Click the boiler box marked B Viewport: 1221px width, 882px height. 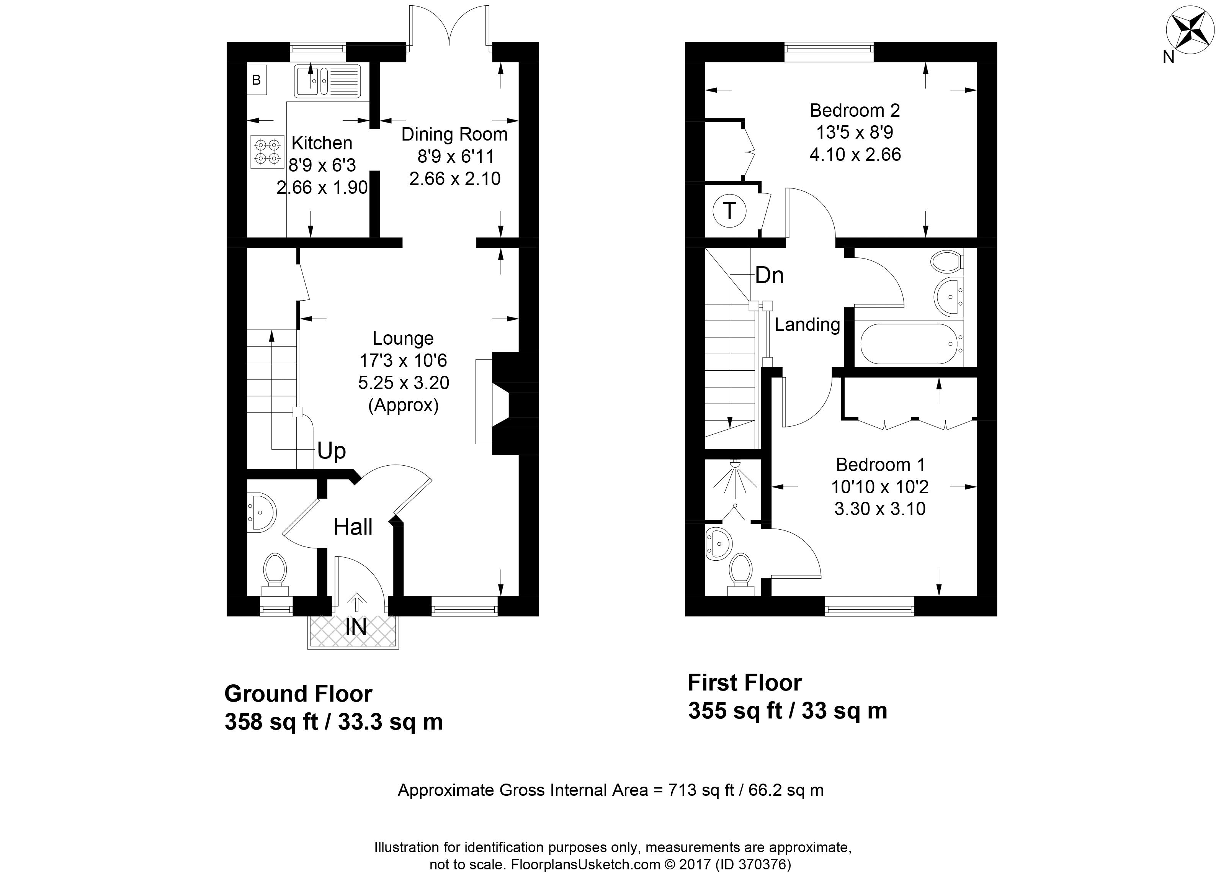pos(257,80)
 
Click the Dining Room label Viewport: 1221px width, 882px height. pos(454,134)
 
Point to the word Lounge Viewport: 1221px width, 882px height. pos(403,339)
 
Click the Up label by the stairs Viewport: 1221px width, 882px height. pos(331,451)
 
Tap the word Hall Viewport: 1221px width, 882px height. pos(353,527)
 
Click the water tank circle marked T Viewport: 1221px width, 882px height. pos(729,211)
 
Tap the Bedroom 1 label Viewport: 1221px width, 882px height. pos(880,464)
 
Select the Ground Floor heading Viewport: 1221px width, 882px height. pos(298,694)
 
